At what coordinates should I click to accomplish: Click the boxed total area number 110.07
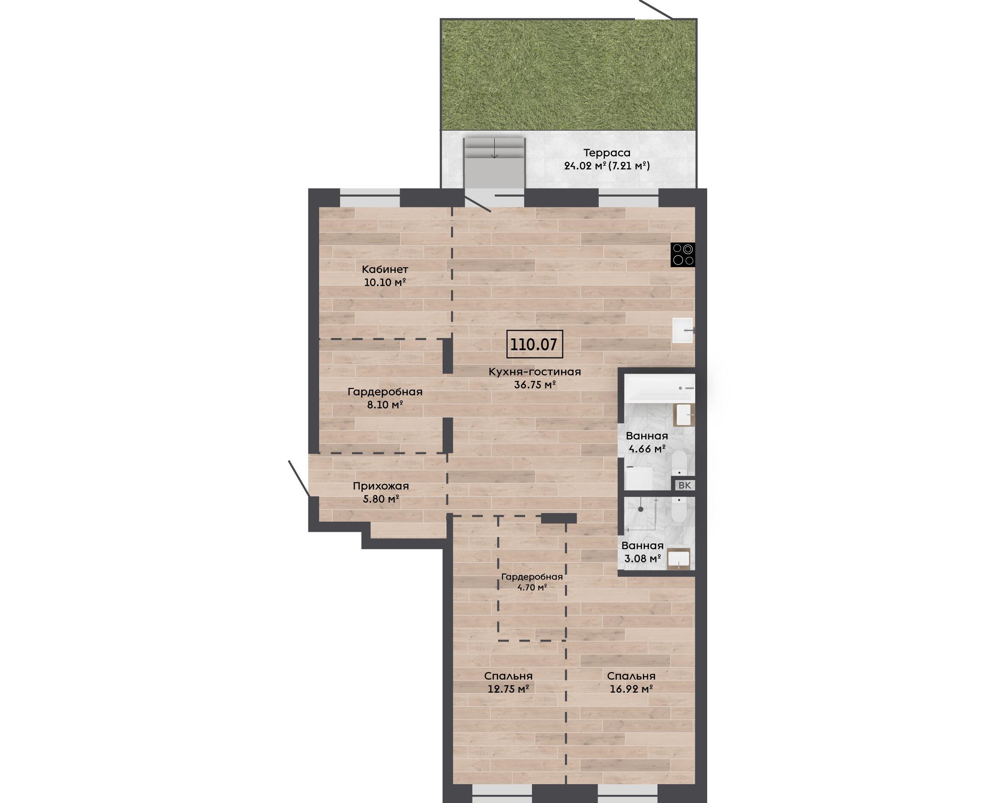tap(534, 344)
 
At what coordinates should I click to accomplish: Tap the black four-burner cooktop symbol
tap(683, 255)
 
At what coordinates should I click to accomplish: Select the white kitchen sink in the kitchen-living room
tap(683, 330)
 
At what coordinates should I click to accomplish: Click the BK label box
tap(684, 485)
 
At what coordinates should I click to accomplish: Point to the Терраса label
tap(607, 152)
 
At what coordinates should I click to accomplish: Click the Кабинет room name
tap(385, 269)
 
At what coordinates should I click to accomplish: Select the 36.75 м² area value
tap(535, 385)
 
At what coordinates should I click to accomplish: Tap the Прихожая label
tap(381, 486)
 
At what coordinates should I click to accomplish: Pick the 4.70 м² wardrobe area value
tap(532, 588)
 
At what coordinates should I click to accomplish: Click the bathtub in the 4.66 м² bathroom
tap(660, 388)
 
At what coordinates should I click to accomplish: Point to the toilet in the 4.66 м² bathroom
tap(679, 463)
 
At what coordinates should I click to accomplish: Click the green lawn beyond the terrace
tap(568, 75)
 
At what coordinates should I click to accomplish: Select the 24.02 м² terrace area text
tap(585, 166)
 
